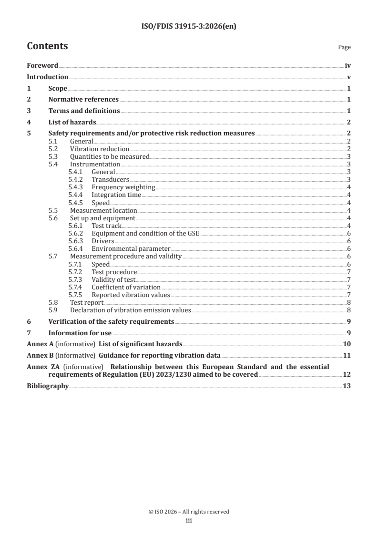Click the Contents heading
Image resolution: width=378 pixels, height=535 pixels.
coord(47,46)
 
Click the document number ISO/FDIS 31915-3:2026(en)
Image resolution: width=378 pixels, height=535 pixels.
coord(189,27)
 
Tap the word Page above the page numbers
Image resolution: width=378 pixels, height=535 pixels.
coord(344,47)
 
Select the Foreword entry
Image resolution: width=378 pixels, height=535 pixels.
coord(42,66)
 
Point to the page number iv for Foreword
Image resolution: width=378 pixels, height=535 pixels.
coord(348,66)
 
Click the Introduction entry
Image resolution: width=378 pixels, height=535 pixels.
coord(47,77)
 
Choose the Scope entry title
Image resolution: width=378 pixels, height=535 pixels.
coord(58,88)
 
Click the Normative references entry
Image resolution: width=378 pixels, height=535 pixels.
coord(83,99)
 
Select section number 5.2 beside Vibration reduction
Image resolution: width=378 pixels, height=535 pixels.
coord(53,149)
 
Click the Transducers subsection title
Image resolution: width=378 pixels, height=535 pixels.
coord(110,179)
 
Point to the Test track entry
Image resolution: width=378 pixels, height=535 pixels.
coord(106,226)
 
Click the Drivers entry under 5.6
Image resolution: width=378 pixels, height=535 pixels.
coord(102,241)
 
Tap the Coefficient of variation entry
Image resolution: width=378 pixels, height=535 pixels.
coord(126,287)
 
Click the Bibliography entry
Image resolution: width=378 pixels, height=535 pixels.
coord(48,386)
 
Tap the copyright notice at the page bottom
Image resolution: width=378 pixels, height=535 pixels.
coord(189,512)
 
